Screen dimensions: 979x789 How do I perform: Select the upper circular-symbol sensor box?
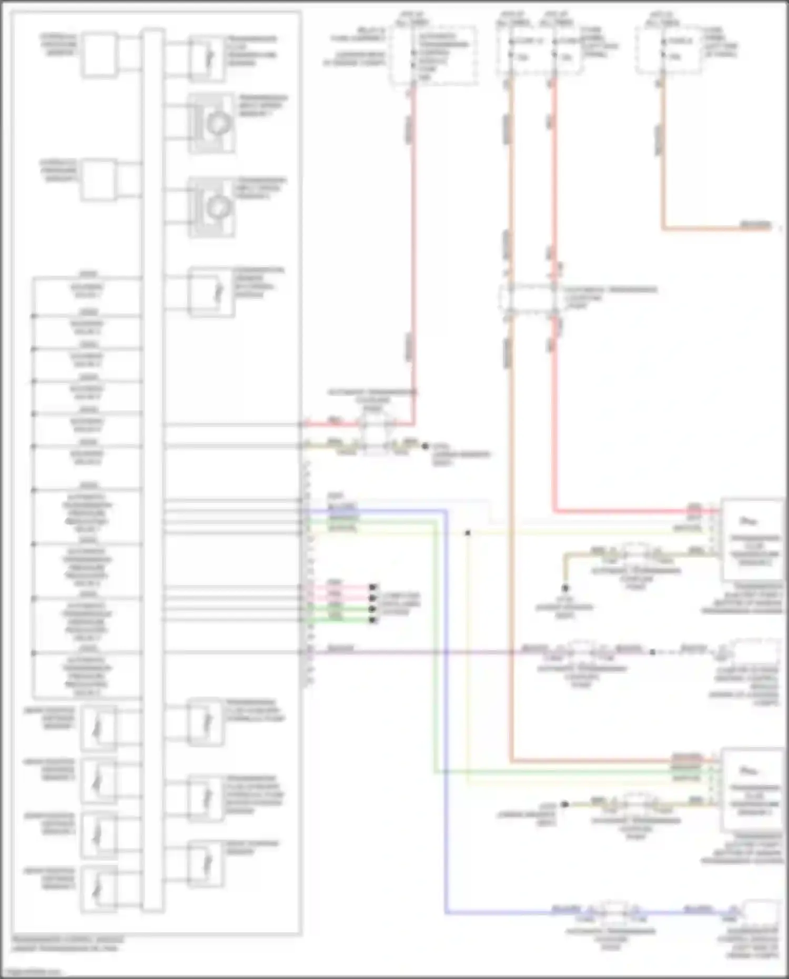tap(211, 123)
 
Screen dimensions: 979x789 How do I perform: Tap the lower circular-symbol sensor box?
tap(211, 207)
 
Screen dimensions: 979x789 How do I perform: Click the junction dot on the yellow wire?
tap(468, 533)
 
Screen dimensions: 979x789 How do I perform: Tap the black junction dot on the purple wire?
tap(652, 652)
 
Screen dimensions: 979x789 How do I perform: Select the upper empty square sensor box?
tap(99, 55)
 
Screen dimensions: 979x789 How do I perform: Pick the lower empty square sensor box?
tap(99, 180)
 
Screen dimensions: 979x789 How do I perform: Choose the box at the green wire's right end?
tap(752, 789)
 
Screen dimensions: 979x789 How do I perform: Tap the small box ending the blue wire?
tap(760, 913)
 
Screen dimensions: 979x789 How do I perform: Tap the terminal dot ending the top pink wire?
tap(373, 587)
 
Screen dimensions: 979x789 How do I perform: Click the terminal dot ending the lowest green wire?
tap(373, 620)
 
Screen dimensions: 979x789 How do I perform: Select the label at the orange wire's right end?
tap(755, 226)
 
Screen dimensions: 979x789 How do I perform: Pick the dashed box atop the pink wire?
tap(434, 55)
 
